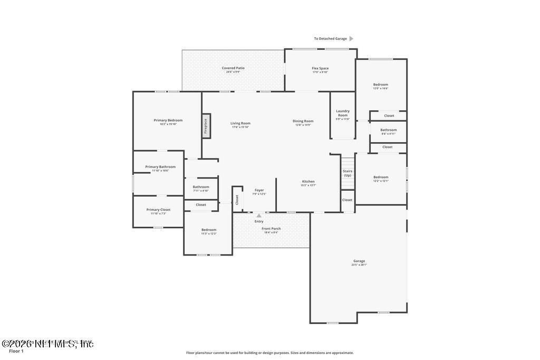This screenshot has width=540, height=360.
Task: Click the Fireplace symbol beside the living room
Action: (x=206, y=126)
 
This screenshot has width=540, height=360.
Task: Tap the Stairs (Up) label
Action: (x=348, y=173)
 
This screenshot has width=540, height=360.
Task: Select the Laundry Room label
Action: (x=343, y=113)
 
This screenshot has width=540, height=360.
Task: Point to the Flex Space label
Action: (x=320, y=68)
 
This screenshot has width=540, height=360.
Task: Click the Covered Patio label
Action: (x=233, y=68)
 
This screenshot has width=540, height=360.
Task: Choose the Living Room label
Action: (x=240, y=123)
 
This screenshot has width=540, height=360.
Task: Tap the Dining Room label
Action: (x=303, y=121)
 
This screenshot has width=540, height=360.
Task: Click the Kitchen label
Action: (x=308, y=181)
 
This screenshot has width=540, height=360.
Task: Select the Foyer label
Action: (x=259, y=190)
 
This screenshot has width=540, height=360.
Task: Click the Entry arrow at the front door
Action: (x=259, y=216)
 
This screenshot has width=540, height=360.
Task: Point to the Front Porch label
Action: (x=271, y=229)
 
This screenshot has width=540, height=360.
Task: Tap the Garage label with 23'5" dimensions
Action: (x=359, y=261)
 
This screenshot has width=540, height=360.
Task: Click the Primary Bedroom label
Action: (x=168, y=120)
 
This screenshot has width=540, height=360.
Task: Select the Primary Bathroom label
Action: (x=160, y=167)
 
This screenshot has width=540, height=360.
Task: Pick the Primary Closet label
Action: (x=158, y=210)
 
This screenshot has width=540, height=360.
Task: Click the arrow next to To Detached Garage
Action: (x=351, y=38)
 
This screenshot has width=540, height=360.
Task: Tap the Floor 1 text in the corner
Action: (x=16, y=351)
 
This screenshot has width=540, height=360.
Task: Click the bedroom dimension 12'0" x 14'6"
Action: (x=381, y=89)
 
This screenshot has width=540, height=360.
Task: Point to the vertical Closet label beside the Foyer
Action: (x=237, y=200)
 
